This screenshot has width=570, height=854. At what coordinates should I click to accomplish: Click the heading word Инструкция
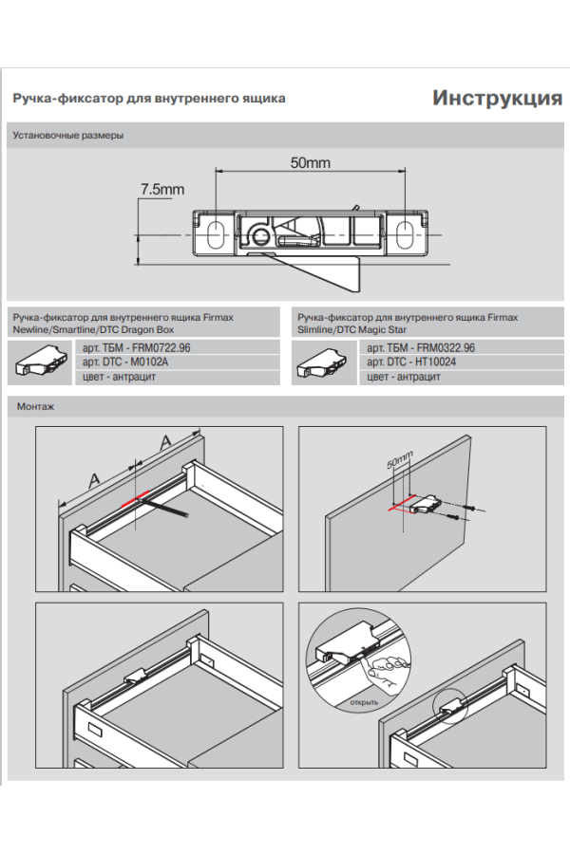click(x=497, y=99)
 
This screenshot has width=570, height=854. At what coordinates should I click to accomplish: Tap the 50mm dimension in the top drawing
click(x=310, y=163)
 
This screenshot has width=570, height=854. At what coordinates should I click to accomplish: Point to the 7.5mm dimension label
click(x=161, y=190)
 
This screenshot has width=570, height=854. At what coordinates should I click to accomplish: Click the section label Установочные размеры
click(x=68, y=136)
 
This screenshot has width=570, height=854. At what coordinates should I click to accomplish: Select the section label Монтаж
click(x=36, y=407)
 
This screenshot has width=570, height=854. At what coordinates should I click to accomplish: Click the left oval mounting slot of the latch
click(x=215, y=232)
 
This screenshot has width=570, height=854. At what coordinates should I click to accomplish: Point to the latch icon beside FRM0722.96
click(x=42, y=361)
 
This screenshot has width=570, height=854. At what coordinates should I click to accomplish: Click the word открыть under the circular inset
click(x=364, y=702)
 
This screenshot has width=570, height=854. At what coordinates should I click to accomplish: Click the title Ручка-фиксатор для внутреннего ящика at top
click(x=149, y=99)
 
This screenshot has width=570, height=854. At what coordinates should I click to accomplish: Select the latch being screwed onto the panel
click(x=426, y=505)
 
